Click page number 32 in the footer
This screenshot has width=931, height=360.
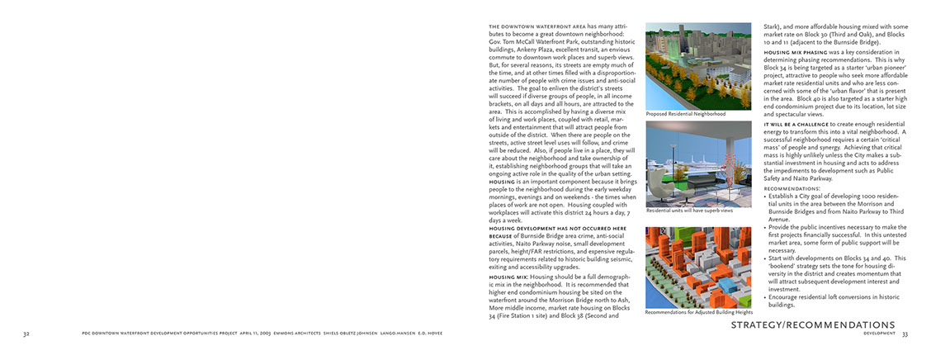click(x=26, y=334)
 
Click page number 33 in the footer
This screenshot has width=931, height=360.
click(x=905, y=334)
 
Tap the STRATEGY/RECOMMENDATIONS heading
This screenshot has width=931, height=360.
click(x=812, y=325)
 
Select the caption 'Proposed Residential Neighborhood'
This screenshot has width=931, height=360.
click(x=686, y=114)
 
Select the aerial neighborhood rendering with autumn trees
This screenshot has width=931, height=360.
click(x=698, y=67)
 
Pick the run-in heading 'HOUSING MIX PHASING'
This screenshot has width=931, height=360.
click(x=794, y=52)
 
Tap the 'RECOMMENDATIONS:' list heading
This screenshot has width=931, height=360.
click(x=792, y=189)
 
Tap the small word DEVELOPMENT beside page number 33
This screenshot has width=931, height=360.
click(x=880, y=334)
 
